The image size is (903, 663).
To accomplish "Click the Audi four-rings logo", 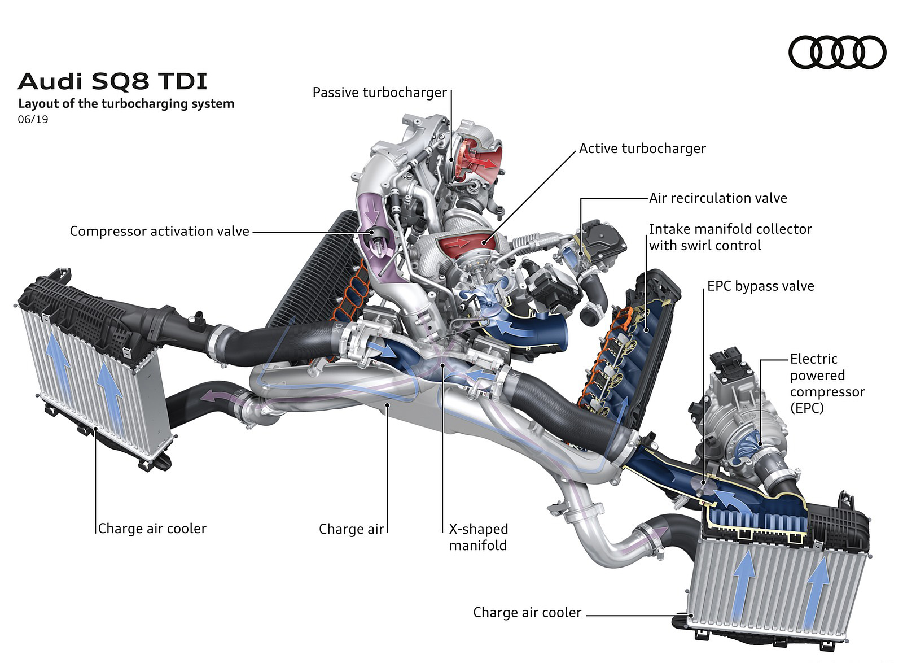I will (837, 52).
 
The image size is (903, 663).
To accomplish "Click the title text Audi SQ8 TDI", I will (113, 81).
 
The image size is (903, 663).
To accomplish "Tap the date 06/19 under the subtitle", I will (33, 120).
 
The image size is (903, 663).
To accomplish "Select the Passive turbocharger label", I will (379, 93).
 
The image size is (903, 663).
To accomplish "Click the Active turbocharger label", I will (642, 149).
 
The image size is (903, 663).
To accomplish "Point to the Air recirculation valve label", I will (718, 198).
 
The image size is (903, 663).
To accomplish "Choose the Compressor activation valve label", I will (159, 232).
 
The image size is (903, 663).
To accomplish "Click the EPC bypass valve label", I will (760, 286).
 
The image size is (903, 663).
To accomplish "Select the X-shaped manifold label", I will (478, 537).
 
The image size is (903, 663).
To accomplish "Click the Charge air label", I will (351, 529).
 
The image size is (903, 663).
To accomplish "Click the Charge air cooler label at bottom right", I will (527, 613).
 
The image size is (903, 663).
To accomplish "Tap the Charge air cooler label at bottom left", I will (152, 529).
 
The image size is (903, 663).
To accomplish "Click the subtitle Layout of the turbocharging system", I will (126, 104).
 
